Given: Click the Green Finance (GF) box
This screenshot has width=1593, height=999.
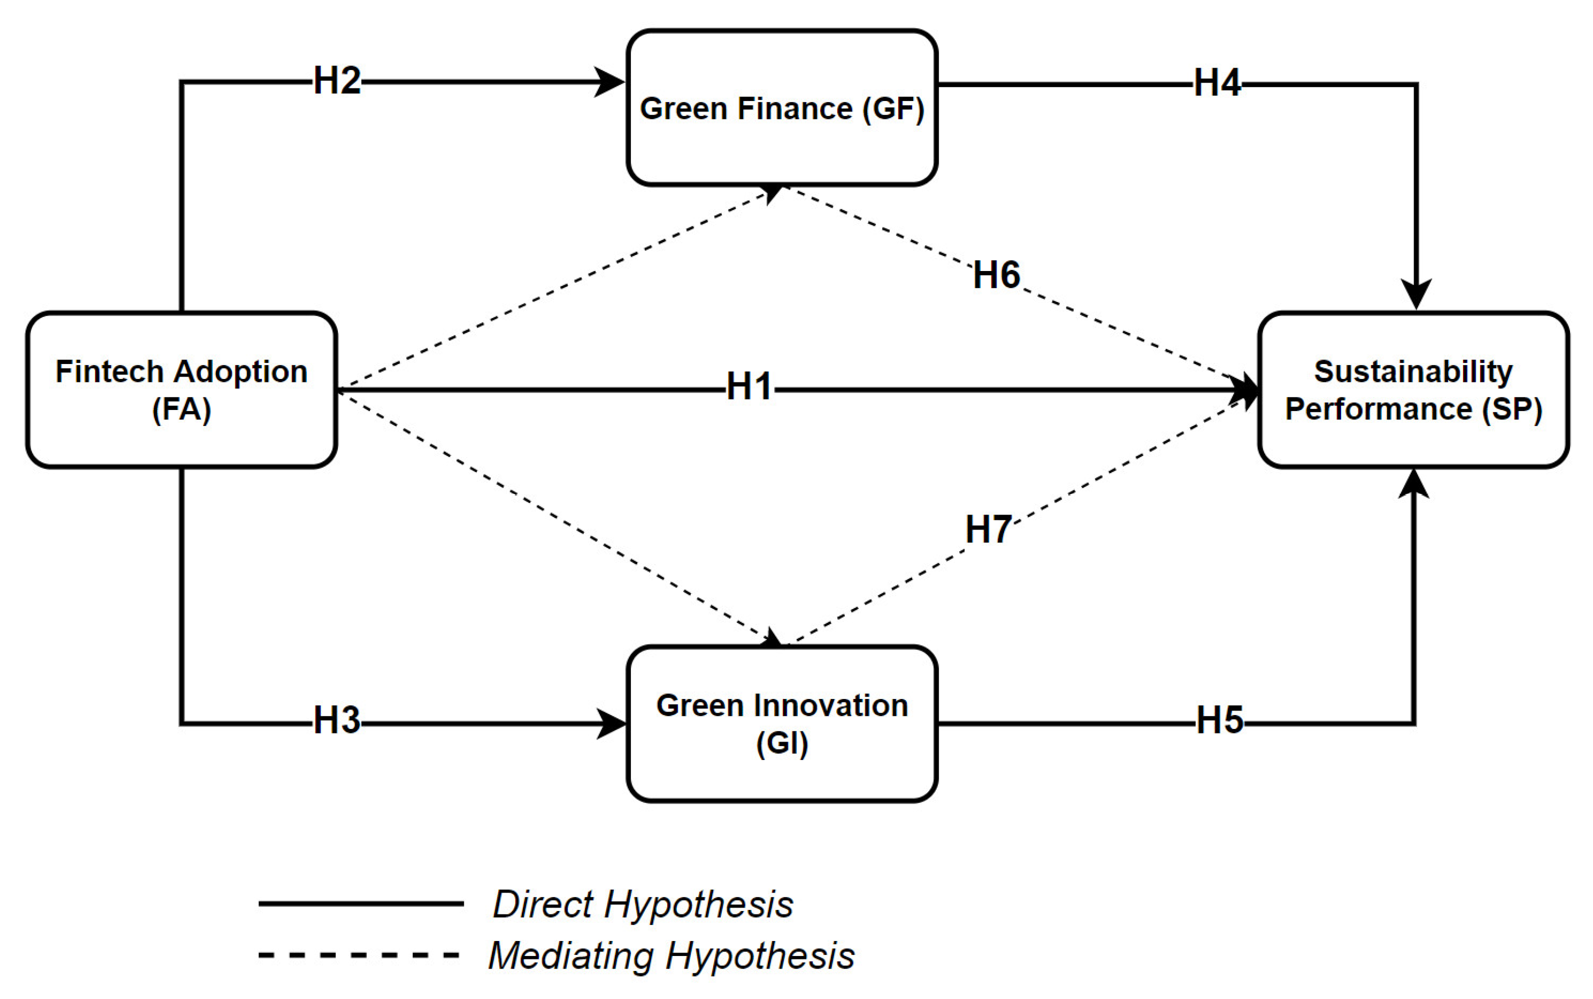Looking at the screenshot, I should (781, 107).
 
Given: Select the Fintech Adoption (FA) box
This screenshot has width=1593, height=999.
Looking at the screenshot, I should (181, 390).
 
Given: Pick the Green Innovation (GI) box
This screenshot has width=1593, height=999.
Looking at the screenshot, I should (781, 723).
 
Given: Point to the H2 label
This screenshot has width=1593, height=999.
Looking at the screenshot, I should (337, 81).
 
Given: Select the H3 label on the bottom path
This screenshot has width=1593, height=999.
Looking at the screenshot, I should (337, 720).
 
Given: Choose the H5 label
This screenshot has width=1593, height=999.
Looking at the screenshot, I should (1219, 720).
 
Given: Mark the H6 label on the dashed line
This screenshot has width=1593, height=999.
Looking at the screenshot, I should (996, 275).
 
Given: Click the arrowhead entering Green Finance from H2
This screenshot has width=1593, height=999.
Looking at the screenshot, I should (610, 82).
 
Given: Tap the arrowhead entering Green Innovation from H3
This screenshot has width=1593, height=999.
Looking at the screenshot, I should (612, 723).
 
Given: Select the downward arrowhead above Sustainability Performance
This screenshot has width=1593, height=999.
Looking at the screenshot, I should (1416, 294).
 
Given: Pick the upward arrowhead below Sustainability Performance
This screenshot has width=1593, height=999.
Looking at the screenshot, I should (1414, 485).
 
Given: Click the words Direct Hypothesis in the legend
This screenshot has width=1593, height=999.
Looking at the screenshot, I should (643, 904).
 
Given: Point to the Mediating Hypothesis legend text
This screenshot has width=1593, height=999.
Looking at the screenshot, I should (671, 955).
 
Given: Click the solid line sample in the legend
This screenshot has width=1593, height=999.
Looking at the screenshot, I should (360, 903).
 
